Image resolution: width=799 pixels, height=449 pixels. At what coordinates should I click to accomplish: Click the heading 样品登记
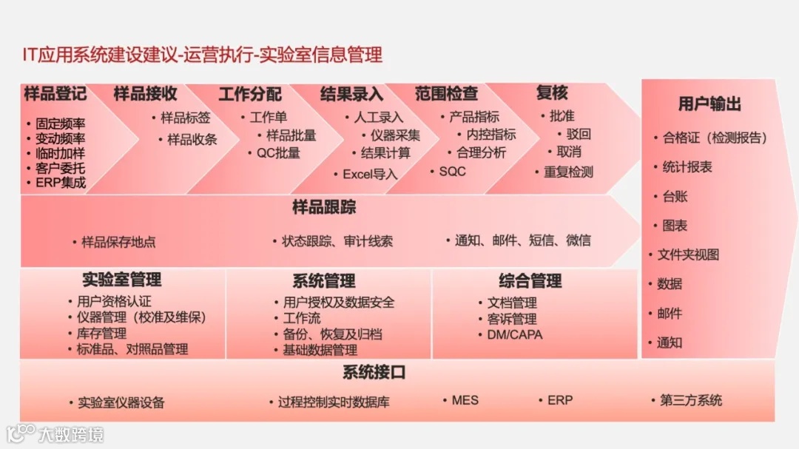[x=55, y=94]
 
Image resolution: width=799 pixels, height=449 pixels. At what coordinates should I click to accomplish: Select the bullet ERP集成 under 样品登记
[x=61, y=182]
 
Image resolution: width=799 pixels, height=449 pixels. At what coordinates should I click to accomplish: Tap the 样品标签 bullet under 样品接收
[x=186, y=118]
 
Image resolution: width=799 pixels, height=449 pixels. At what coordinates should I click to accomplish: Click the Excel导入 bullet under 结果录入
[x=370, y=175]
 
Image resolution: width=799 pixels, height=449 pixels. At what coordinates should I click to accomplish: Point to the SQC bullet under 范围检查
[x=452, y=171]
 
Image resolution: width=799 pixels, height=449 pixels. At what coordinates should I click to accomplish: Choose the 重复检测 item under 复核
[x=568, y=172]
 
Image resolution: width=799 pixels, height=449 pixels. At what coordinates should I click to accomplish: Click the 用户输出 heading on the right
[x=709, y=104]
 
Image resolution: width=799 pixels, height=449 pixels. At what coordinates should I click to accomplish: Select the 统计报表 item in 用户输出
[x=687, y=167]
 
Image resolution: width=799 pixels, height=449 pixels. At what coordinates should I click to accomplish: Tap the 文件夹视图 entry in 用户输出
[x=688, y=254]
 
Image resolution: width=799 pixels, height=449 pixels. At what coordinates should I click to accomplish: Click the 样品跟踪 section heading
[x=324, y=207]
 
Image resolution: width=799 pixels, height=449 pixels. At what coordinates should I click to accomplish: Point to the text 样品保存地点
[x=118, y=242]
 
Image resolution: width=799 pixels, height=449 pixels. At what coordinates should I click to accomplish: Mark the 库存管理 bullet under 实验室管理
[x=101, y=334]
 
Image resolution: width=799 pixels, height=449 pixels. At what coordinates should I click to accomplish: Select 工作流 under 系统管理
[x=302, y=318]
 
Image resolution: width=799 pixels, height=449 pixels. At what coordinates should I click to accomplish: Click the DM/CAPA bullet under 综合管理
[x=514, y=334]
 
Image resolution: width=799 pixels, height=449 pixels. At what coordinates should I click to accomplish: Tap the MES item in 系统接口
[x=465, y=400]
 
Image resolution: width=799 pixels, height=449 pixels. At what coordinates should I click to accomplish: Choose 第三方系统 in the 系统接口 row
[x=690, y=401]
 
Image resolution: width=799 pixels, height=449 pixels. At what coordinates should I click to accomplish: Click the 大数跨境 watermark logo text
[x=71, y=433]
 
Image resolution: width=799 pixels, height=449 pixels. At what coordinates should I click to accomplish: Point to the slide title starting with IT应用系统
[x=203, y=55]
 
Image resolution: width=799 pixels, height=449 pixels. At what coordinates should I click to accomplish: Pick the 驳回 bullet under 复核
[x=579, y=134]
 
